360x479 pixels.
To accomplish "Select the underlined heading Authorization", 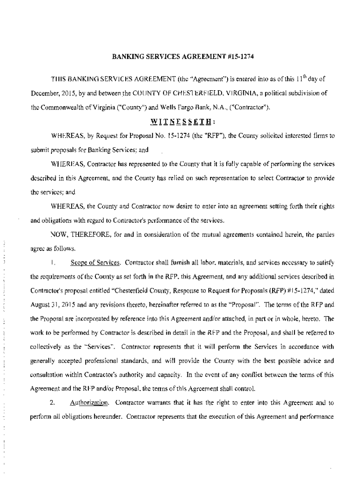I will (x=90, y=402).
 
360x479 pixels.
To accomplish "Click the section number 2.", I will (x=53, y=402).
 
